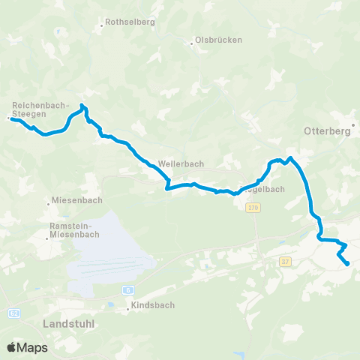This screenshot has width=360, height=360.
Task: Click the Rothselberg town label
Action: click(x=130, y=22)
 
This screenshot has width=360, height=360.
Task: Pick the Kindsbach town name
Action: click(x=152, y=306)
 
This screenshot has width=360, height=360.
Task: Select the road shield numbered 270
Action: click(x=253, y=207)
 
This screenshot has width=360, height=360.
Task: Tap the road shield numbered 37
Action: click(x=285, y=261)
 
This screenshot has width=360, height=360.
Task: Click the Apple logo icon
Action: click(x=11, y=347)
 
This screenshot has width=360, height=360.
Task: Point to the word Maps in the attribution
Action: click(x=33, y=347)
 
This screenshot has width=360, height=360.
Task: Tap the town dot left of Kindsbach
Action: click(x=127, y=307)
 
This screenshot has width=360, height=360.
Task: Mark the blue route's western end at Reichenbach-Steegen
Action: click(x=10, y=118)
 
